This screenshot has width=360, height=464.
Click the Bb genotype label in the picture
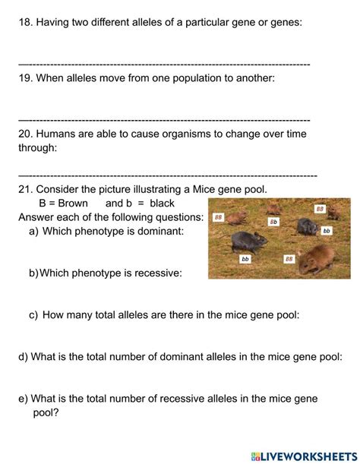point(273,222)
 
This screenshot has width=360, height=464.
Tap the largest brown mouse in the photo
point(317,259)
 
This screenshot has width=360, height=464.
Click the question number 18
point(26,22)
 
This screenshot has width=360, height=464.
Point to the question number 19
point(26,78)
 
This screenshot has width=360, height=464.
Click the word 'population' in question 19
point(203,78)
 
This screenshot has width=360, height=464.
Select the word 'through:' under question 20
point(38,147)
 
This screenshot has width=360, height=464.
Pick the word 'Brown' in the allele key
point(73,204)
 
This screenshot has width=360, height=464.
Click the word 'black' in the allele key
point(162,204)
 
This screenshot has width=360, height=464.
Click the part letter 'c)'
point(33,315)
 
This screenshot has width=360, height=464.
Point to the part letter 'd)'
point(23,357)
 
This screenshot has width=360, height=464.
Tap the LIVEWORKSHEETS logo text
point(304,456)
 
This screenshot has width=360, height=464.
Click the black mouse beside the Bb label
point(308,227)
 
